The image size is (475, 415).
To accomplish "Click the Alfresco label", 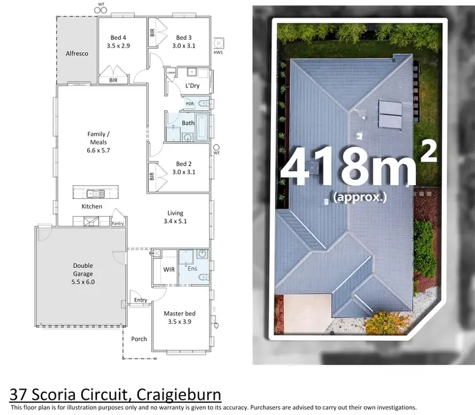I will (x=77, y=54).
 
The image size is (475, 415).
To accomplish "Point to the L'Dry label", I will (x=193, y=86).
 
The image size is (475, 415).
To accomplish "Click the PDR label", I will (x=189, y=104).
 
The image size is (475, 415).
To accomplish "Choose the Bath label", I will (x=187, y=123).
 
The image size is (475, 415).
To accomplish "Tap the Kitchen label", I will (x=92, y=207).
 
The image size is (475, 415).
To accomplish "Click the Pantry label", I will (x=118, y=223).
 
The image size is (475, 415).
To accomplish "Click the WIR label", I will (x=168, y=269).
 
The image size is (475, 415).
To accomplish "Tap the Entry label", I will (x=140, y=300).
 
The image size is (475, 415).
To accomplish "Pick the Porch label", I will (x=139, y=339).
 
